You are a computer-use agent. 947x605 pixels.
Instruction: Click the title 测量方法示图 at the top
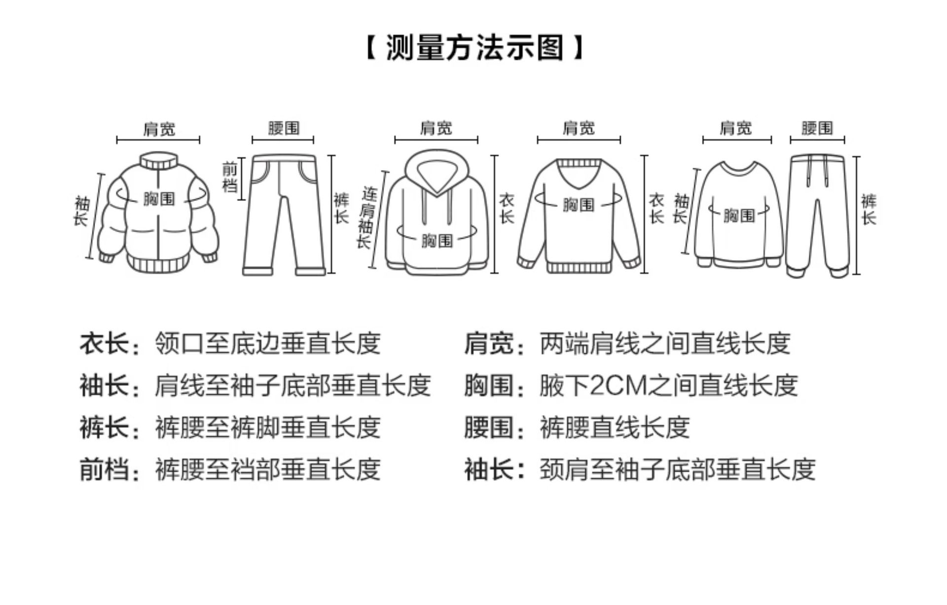point(474,48)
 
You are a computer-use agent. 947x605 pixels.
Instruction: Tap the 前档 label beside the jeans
point(230,178)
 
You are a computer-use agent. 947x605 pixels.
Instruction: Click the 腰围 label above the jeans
point(284,128)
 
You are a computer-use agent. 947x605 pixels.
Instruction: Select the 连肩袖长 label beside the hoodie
point(365,217)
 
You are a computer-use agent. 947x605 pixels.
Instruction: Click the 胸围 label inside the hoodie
point(437,240)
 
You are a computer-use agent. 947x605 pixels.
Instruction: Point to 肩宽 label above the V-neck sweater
point(579,128)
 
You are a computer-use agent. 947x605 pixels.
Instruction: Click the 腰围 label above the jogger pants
point(817,128)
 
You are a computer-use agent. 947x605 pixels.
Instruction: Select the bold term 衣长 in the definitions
point(104,343)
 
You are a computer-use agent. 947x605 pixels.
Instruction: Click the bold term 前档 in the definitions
point(104,469)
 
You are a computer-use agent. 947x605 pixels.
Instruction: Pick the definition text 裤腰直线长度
point(615,427)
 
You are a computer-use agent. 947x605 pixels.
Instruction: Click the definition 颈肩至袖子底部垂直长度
point(677,469)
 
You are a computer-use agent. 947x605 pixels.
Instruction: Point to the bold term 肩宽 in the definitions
point(488,343)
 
